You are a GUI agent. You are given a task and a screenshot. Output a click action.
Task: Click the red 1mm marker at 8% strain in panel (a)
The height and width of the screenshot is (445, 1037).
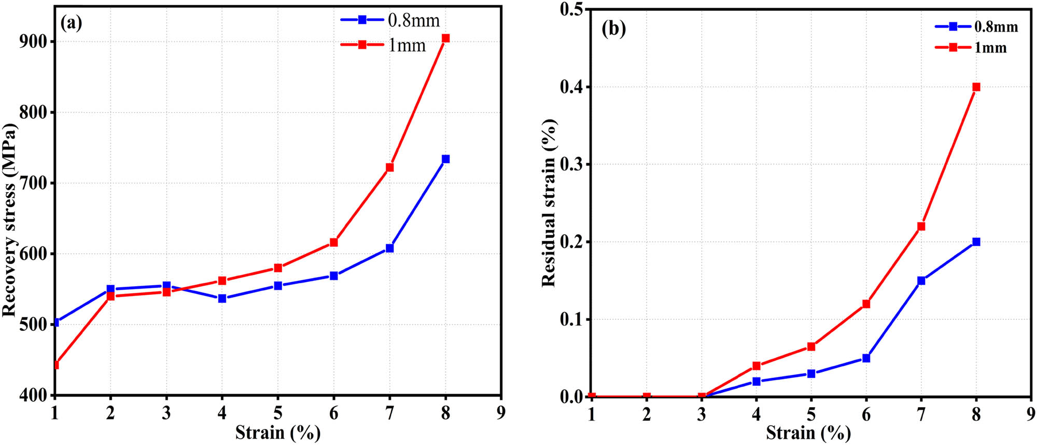point(445,38)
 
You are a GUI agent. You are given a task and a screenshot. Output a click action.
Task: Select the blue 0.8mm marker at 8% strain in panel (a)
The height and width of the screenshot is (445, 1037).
point(445,159)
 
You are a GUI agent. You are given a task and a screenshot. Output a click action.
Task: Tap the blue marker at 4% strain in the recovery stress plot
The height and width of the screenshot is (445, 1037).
point(222,299)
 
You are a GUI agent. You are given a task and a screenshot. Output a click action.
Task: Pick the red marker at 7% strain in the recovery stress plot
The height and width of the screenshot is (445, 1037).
point(389,167)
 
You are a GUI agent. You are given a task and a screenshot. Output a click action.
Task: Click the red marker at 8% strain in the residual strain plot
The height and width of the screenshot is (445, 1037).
point(976,87)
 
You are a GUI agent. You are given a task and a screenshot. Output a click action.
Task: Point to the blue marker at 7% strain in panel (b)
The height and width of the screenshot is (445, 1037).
point(921,280)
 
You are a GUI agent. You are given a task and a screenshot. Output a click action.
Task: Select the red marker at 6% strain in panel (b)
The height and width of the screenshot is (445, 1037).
point(866,304)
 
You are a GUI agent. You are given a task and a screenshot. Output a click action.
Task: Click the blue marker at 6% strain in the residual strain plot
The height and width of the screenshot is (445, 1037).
point(866,358)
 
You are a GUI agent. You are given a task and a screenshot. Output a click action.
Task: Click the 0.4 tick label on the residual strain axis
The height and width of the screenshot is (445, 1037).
point(572,87)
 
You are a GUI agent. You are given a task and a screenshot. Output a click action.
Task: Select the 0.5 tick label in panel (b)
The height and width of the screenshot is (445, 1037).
point(572,10)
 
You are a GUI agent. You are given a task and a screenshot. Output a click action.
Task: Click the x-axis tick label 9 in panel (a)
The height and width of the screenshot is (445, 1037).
point(501,413)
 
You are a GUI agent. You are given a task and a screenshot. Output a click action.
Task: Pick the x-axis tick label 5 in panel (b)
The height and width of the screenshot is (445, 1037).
point(811,414)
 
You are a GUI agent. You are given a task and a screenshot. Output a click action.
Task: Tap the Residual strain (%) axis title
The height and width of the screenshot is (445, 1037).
point(549,203)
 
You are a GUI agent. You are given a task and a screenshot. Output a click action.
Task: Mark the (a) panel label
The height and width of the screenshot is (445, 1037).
point(71,23)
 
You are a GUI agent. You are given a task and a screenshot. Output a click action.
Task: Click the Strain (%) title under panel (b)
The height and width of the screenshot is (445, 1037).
point(808,433)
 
